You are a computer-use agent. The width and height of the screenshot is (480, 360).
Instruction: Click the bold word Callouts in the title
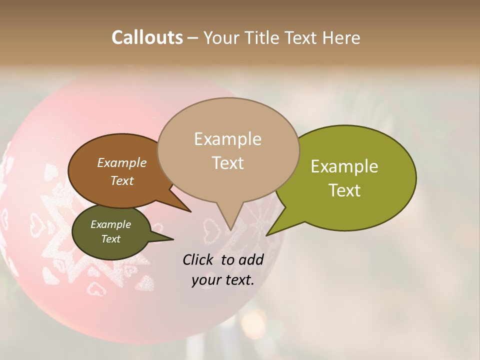[147, 37]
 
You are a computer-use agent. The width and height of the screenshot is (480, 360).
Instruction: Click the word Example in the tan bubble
[227, 139]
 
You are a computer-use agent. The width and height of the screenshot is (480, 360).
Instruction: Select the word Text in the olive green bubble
[344, 190]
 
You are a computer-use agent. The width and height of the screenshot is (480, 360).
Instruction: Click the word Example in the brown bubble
[121, 162]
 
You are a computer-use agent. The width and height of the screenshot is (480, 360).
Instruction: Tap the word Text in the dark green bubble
[110, 239]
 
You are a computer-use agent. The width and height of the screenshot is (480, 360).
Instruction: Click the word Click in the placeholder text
[198, 259]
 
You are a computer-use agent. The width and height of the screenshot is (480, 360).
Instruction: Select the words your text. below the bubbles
[222, 280]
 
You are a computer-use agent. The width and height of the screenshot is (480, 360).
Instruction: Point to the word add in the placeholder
[251, 259]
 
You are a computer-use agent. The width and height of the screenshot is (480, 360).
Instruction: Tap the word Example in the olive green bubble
[344, 166]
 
